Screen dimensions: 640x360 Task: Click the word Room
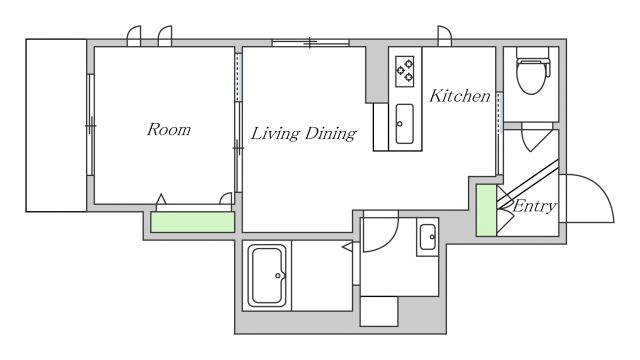169,129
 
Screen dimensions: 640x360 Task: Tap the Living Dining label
303,133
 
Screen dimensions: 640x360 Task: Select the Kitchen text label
460,96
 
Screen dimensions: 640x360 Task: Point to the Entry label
534,206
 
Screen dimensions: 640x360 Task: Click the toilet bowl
533,77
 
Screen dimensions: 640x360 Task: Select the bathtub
267,276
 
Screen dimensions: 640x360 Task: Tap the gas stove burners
404,71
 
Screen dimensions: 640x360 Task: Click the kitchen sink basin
404,124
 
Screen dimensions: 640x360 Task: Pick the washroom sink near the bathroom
427,237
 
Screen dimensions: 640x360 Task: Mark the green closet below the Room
193,222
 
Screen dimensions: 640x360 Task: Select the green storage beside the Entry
487,211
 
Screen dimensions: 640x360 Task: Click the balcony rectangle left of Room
56,125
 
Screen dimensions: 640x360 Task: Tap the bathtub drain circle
278,276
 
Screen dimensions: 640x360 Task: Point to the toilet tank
533,53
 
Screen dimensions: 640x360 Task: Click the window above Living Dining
311,42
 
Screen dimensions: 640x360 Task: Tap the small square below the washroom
379,311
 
